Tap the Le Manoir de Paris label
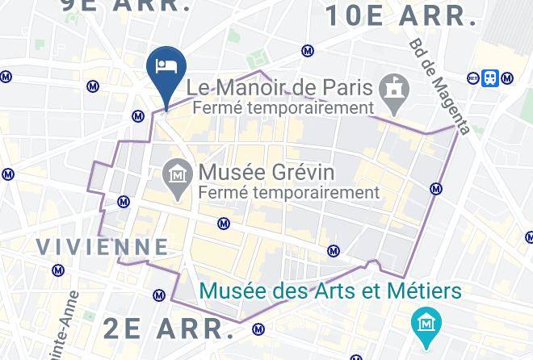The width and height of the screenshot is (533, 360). (279, 86)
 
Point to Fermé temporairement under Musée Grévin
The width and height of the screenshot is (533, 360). (288, 193)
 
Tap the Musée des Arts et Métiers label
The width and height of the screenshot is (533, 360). (329, 291)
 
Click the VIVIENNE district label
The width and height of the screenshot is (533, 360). (103, 246)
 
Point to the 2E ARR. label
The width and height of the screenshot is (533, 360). (169, 328)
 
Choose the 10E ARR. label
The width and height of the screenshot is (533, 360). (401, 15)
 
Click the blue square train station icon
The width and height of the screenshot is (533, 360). (489, 77)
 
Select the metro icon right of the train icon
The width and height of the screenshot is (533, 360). (507, 78)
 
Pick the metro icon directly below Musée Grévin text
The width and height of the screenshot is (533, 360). (224, 224)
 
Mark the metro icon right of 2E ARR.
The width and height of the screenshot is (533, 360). (258, 329)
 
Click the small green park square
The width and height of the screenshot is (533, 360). (258, 59)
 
